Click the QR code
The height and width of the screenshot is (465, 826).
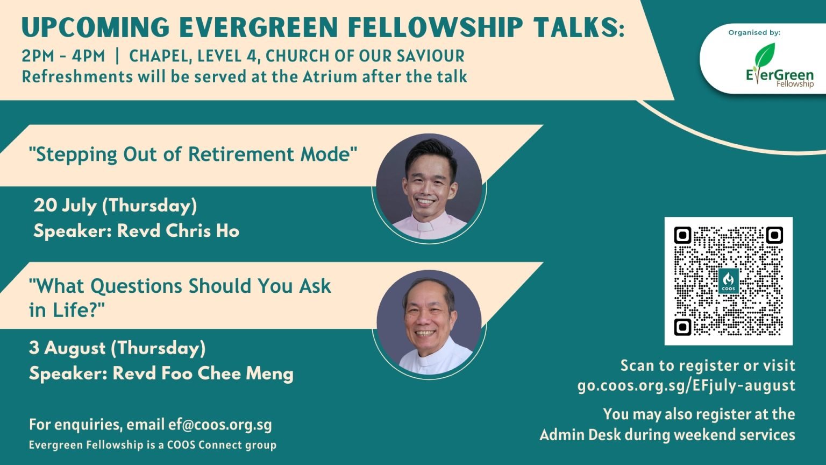click(728, 281)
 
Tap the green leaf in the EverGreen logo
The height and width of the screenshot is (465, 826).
click(764, 55)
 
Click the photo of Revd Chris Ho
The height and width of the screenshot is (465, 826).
click(429, 186)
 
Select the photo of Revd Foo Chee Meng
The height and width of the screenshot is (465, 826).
click(429, 322)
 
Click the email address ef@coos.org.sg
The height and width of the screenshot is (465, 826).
click(220, 425)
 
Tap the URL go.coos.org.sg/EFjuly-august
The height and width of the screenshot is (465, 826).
click(686, 386)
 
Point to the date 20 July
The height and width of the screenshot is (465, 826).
click(65, 206)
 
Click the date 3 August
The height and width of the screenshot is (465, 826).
click(67, 348)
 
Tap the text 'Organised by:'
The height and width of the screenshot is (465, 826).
click(754, 32)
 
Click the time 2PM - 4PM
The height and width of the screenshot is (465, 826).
click(63, 56)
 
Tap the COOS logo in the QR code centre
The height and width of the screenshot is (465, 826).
click(729, 281)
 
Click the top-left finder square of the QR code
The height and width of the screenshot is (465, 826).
click(682, 235)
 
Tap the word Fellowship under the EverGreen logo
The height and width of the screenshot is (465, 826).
click(795, 84)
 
